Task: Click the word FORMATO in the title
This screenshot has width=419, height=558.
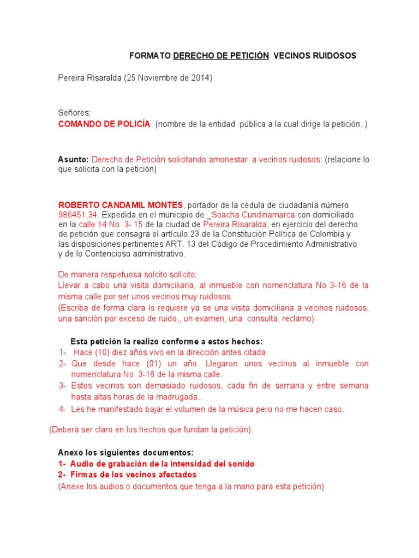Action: [150, 56]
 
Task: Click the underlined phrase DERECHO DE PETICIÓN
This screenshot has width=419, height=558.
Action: [221, 56]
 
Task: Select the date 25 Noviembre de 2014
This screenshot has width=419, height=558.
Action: [168, 78]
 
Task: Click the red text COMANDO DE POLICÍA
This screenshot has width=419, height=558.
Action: [104, 124]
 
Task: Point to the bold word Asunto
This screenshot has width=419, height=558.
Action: [73, 160]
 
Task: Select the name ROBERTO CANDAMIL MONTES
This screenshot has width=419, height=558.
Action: [121, 205]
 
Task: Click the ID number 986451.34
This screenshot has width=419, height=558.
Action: [78, 215]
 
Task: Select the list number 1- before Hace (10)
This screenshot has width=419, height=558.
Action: [63, 353]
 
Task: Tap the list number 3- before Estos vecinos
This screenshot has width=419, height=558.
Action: [63, 386]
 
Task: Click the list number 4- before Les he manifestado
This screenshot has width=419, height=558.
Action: [63, 409]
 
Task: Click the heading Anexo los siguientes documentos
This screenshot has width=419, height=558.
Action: [126, 453]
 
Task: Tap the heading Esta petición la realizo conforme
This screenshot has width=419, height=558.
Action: [166, 342]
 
